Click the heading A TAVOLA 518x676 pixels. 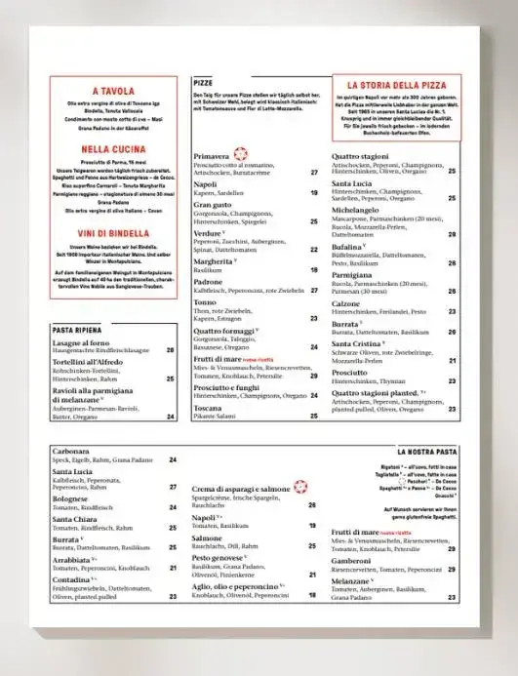[x=112, y=91]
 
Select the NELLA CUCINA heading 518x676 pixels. [x=112, y=149]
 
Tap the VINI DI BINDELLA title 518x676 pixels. [x=112, y=234]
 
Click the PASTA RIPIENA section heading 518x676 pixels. [x=78, y=330]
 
